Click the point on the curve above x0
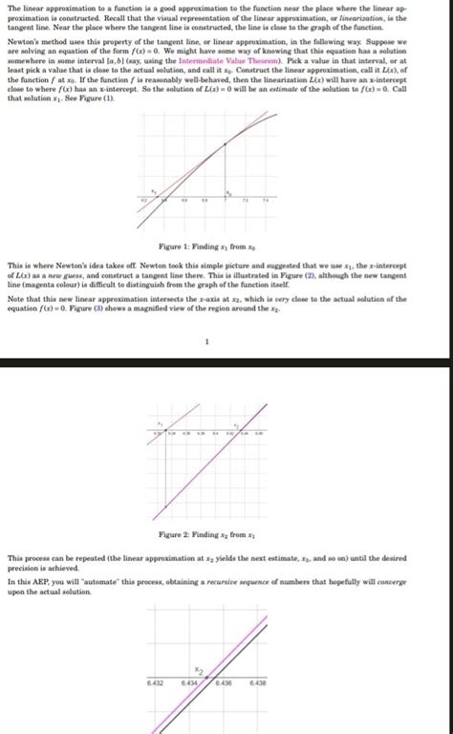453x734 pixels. point(225,143)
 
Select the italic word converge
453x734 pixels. point(390,581)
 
